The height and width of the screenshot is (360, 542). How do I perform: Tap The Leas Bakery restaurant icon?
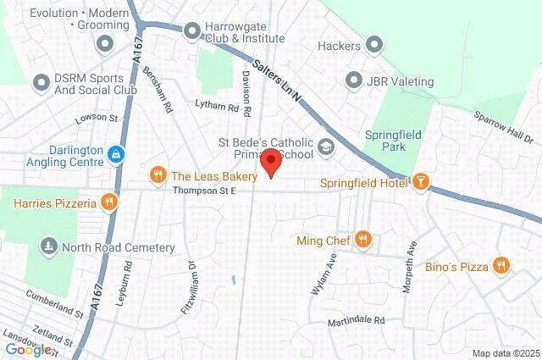[x=157, y=175]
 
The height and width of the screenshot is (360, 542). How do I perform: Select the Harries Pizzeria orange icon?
[x=108, y=202]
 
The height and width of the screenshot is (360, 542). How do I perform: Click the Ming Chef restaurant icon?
[x=362, y=240]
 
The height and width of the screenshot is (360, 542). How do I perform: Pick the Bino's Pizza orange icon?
[x=501, y=266]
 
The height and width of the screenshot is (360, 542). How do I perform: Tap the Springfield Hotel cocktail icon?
[x=420, y=181]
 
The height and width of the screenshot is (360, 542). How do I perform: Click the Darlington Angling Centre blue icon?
[x=116, y=153]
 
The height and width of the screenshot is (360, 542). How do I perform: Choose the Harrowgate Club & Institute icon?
[x=191, y=31]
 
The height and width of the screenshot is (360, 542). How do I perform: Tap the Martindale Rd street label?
[x=356, y=321]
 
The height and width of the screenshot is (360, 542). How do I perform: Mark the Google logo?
[x=28, y=350]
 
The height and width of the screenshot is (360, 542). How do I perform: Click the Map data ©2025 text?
[x=505, y=353]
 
